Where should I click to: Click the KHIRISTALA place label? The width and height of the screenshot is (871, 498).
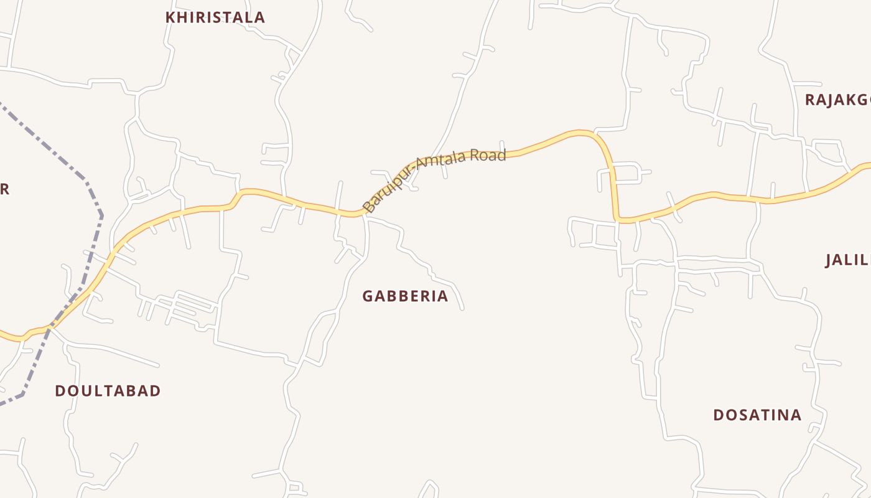(215, 17)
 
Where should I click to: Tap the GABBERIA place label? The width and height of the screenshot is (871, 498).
(405, 296)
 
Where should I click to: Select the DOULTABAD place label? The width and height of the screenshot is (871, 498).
(108, 391)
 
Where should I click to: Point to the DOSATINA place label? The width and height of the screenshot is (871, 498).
(757, 415)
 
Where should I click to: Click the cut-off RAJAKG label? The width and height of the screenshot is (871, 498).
(837, 100)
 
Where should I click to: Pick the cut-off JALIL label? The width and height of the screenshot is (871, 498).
(847, 260)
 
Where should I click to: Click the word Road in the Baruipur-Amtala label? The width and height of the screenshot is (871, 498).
(488, 155)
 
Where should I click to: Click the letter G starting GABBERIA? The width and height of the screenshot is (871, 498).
(368, 296)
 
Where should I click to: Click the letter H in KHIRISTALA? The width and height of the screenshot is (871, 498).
(182, 17)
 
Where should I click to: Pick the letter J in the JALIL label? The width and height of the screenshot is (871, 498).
(829, 260)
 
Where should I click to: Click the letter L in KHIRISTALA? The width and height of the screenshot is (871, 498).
(246, 17)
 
